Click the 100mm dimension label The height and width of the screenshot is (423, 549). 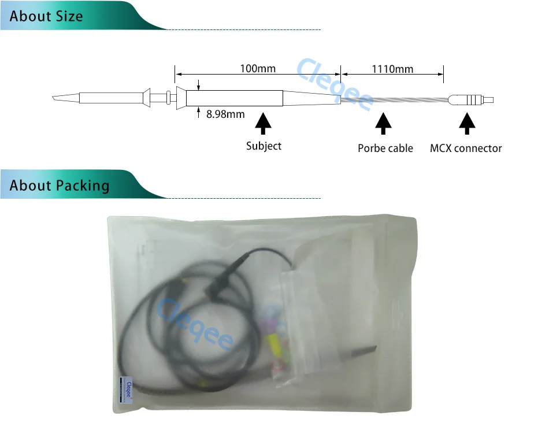258,68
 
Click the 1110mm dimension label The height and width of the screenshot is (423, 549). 392,69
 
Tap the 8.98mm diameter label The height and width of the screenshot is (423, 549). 225,114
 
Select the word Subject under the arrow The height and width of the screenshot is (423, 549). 264,146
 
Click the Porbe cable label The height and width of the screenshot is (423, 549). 385,148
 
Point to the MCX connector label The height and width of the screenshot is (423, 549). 466,148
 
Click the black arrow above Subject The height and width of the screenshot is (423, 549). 263,123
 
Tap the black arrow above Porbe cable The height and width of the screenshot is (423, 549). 383,123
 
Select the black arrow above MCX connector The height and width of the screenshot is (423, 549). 467,123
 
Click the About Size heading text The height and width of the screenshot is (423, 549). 46,16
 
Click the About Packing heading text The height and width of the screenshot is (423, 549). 60,185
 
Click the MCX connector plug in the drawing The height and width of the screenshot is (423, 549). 470,100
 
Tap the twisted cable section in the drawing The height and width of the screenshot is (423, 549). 394,100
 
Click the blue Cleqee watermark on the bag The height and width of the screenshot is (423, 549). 195,324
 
